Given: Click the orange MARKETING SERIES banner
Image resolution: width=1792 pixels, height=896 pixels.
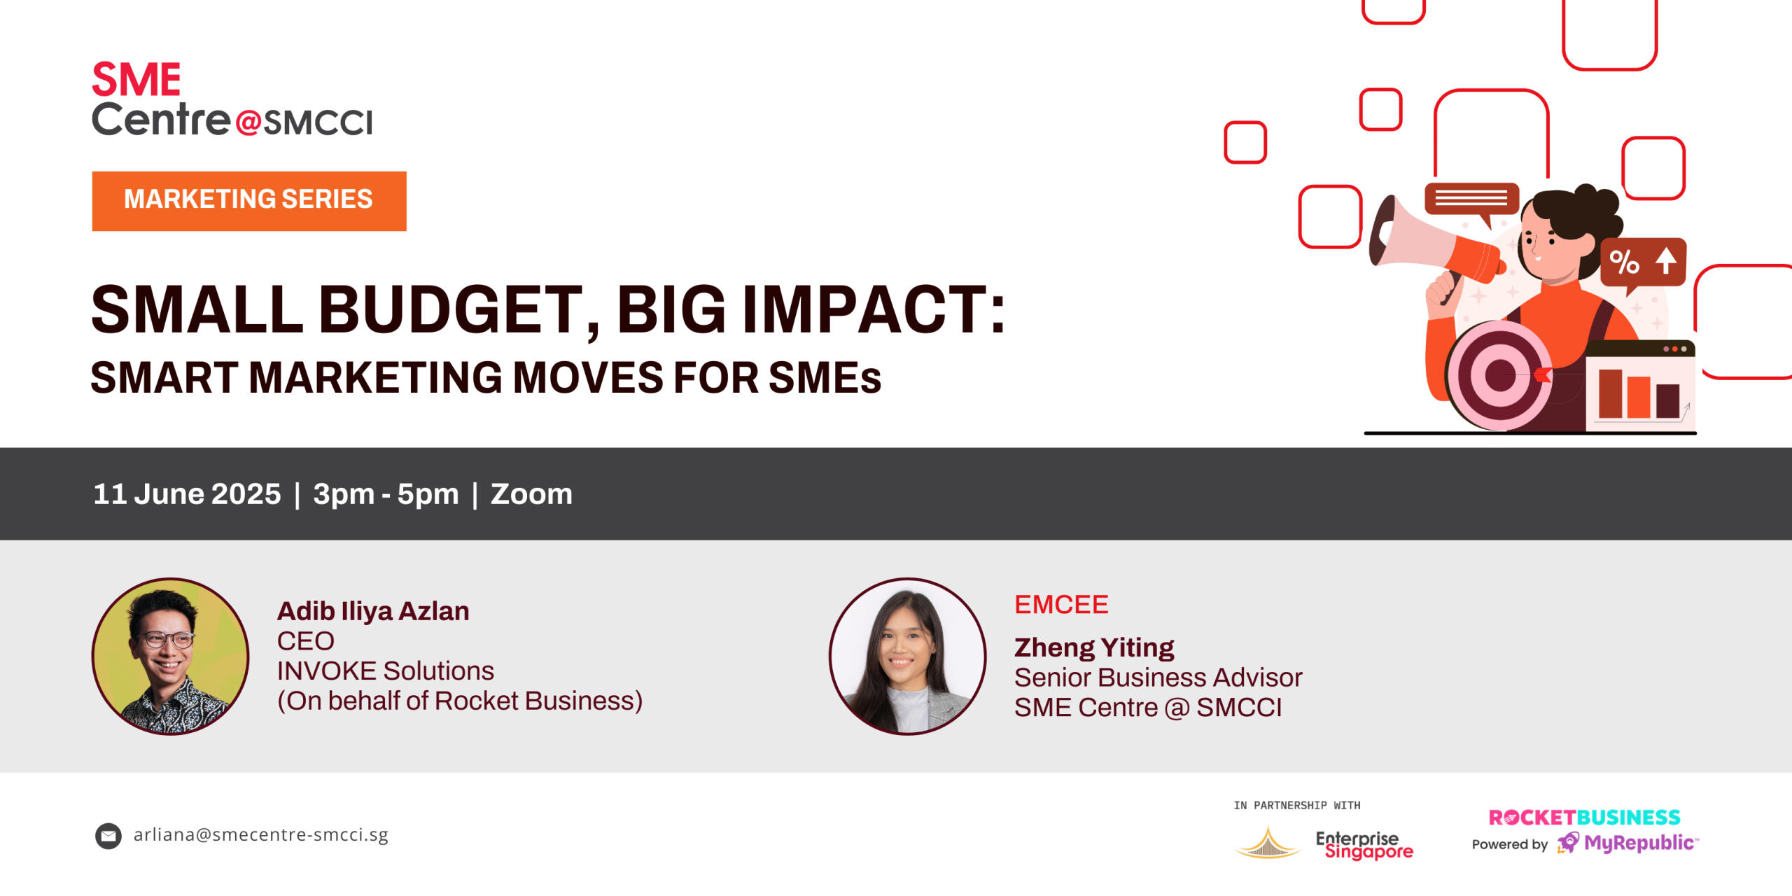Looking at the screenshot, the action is [x=249, y=201].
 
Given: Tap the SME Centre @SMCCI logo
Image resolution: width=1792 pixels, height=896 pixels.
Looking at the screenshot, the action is [x=232, y=99].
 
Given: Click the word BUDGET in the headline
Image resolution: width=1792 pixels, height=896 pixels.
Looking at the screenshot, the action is [x=451, y=309].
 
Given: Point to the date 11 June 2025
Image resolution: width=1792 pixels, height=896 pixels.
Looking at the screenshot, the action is [x=187, y=494].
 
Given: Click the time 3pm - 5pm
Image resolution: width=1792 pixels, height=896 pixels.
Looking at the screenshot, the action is [x=386, y=494].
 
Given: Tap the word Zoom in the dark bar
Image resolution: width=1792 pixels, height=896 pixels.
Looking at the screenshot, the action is [x=531, y=494].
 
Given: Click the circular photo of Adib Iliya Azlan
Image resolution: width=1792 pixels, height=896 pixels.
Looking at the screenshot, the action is [x=170, y=656].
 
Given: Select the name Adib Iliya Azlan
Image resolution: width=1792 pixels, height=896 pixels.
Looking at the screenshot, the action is [x=373, y=611].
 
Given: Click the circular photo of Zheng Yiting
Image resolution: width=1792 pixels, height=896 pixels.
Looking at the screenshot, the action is [x=907, y=656].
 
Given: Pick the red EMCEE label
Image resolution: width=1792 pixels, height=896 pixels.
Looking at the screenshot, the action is [x=1061, y=605].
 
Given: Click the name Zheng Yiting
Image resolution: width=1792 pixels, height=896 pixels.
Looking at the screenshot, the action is [x=1094, y=647].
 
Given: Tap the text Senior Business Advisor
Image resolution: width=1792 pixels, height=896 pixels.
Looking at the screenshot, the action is [x=1158, y=678].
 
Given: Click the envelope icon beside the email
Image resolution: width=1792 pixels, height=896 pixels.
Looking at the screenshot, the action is [x=108, y=836].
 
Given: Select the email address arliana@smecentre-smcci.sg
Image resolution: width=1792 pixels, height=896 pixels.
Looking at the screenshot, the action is [x=260, y=834].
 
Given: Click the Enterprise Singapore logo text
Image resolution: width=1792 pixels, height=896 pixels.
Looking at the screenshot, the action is [x=1364, y=845].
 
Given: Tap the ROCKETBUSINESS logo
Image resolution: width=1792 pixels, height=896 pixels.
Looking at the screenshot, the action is [x=1584, y=818].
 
